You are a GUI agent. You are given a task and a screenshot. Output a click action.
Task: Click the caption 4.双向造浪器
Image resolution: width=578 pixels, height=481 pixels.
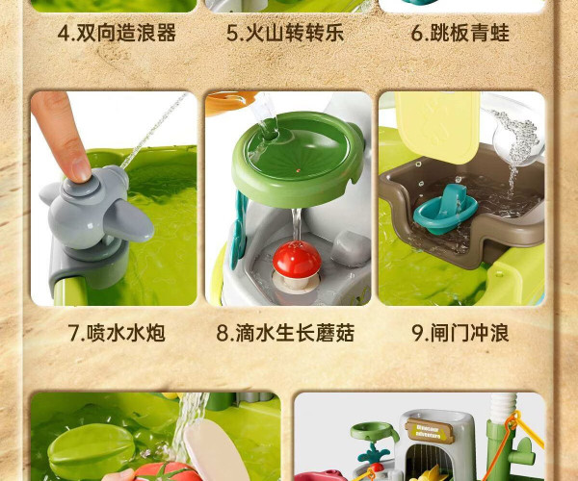[117, 33]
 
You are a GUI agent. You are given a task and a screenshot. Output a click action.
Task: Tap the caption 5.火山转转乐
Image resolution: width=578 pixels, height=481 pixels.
[285, 33]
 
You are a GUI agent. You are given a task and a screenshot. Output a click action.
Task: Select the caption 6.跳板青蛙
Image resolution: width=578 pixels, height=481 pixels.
[460, 33]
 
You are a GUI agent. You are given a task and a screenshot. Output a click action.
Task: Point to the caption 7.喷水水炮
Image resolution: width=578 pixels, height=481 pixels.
[117, 333]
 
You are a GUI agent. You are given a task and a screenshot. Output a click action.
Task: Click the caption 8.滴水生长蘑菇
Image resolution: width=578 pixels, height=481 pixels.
[285, 333]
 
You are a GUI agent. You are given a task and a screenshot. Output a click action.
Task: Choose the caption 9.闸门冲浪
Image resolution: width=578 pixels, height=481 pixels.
[460, 333]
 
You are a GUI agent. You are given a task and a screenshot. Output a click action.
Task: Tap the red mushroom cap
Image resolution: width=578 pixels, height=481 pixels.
[297, 259]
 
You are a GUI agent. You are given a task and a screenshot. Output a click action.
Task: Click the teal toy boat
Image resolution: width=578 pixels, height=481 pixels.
[445, 210]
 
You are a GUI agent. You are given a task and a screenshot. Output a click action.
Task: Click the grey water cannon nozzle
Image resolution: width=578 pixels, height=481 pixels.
[127, 221]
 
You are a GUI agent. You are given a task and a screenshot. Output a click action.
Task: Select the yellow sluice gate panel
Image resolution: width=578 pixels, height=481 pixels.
[437, 126]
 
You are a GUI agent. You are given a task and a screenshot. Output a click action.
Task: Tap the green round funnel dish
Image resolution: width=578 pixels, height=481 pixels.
[297, 158]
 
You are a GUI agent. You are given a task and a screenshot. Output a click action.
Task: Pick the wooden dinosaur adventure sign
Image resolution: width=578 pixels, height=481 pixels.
[430, 431]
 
